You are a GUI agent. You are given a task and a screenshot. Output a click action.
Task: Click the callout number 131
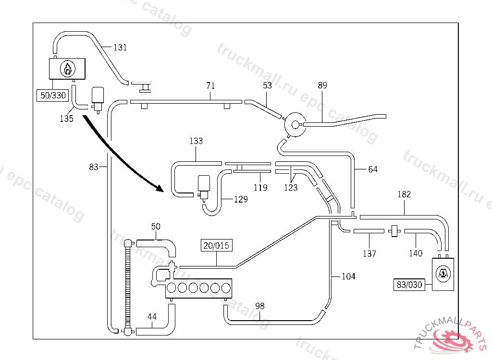click(x=120, y=48)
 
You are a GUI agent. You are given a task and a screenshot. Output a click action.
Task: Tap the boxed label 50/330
click(x=53, y=96)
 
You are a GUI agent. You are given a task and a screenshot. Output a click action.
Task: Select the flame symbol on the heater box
click(x=68, y=68)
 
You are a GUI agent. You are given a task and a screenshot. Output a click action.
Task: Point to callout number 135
click(x=66, y=119)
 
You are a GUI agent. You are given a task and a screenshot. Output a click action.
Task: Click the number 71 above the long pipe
click(x=210, y=85)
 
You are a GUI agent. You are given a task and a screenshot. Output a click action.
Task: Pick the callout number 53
click(x=267, y=85)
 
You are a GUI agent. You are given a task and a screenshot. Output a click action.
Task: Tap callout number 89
click(x=322, y=85)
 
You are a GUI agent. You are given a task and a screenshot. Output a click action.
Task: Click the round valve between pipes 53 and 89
click(x=295, y=125)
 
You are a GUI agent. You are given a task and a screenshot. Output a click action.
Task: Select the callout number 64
click(x=373, y=169)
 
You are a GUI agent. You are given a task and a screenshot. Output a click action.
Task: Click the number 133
click(x=196, y=141)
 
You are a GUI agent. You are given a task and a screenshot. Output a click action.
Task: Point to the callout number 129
click(x=241, y=199)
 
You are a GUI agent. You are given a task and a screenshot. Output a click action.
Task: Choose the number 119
click(x=260, y=188)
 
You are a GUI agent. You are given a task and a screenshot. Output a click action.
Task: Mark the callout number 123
click(x=291, y=188)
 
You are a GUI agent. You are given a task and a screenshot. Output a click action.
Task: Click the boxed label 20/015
click(x=217, y=246)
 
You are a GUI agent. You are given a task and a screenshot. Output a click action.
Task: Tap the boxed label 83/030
click(x=409, y=285)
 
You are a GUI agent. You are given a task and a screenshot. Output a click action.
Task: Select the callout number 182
click(x=404, y=194)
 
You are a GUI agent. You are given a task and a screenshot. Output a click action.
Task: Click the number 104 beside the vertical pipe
click(x=348, y=276)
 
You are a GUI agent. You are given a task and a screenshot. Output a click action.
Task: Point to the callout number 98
click(x=260, y=306)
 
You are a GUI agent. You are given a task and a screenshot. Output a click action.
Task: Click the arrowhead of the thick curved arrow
click(x=160, y=188)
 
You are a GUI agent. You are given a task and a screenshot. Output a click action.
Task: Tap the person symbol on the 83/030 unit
click(x=443, y=274)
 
